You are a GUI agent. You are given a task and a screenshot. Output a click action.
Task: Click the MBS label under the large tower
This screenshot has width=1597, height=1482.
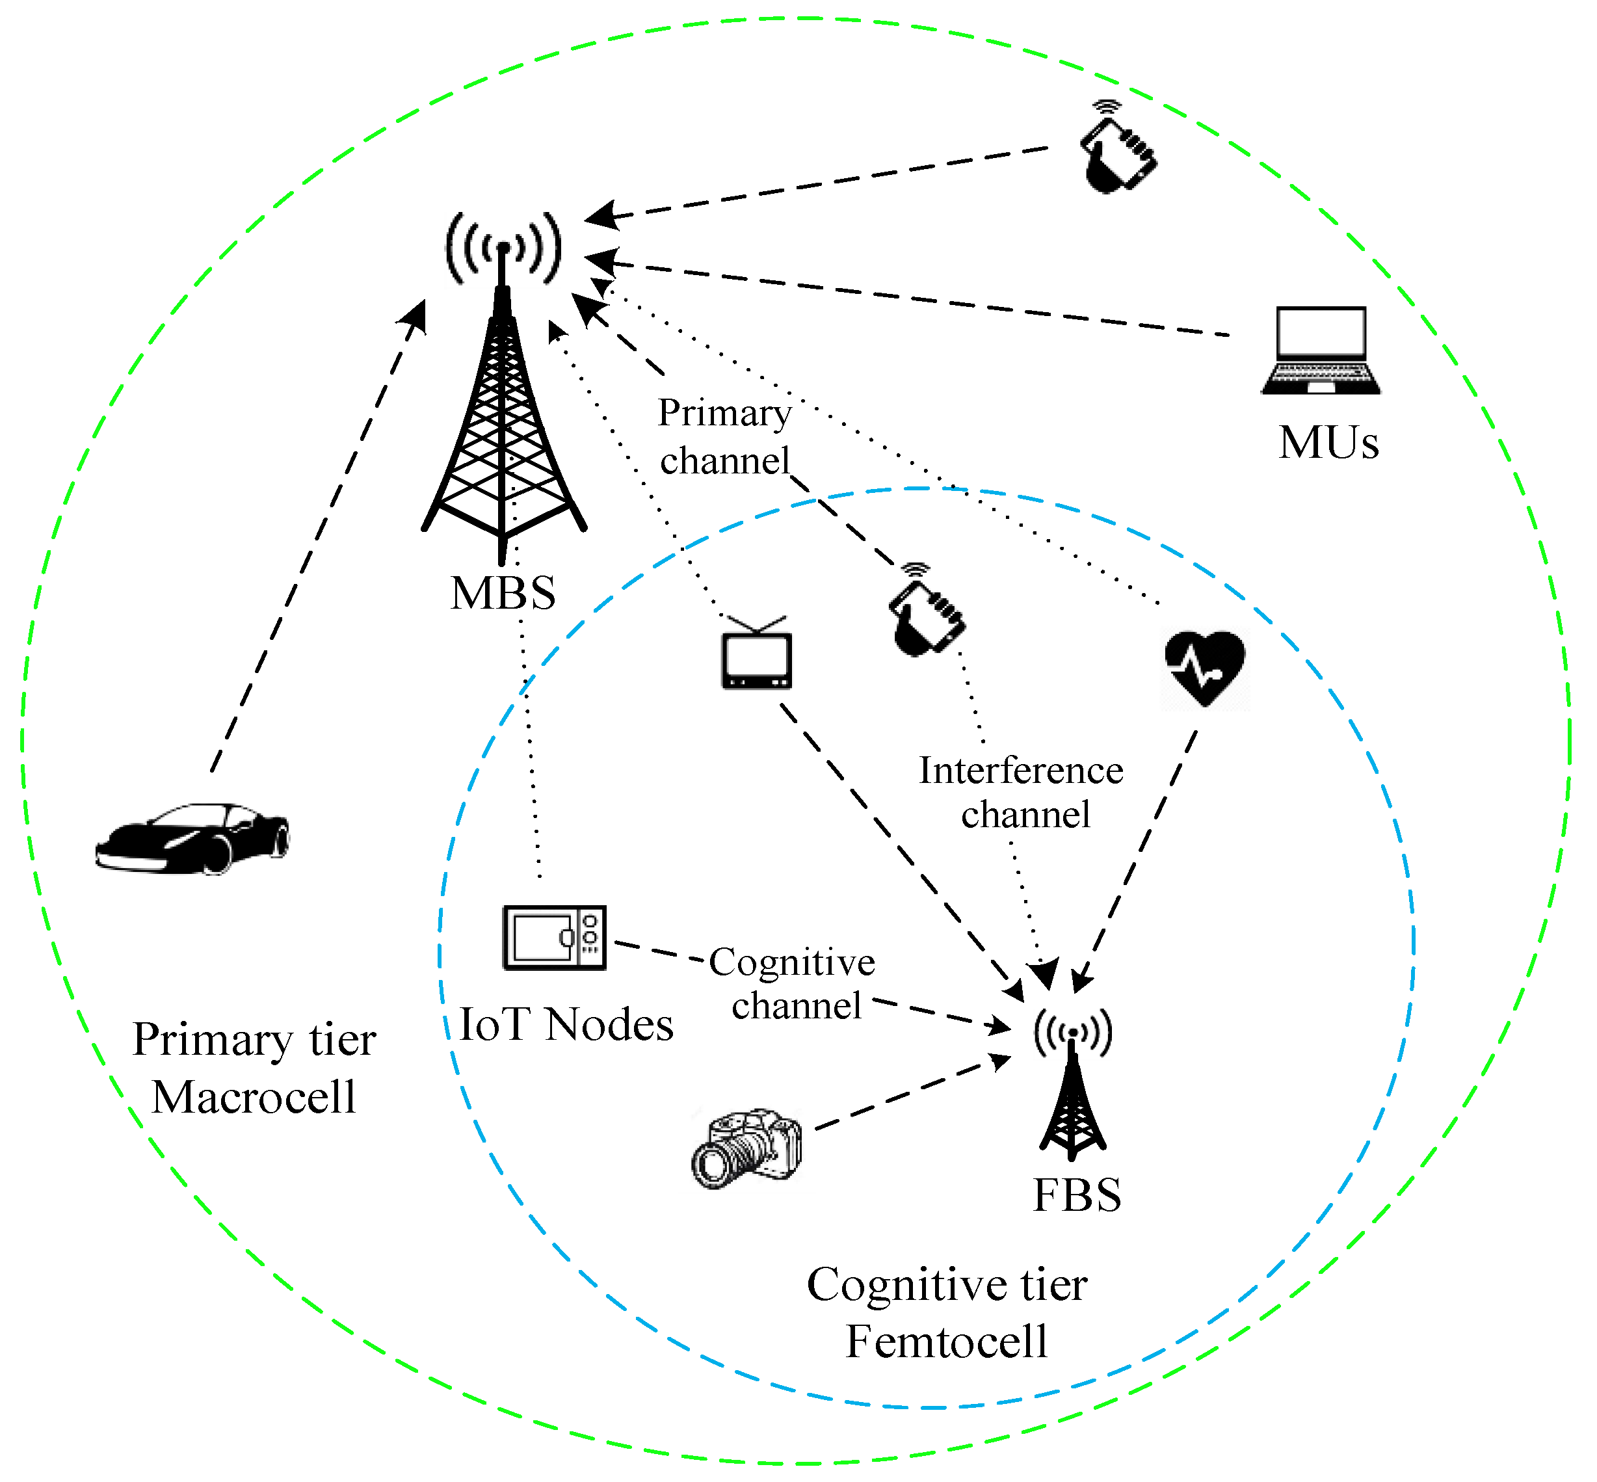[x=503, y=594]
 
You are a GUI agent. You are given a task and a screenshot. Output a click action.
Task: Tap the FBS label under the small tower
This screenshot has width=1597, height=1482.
[x=1077, y=1195]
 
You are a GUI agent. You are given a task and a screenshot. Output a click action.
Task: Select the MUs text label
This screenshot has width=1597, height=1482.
[x=1328, y=442]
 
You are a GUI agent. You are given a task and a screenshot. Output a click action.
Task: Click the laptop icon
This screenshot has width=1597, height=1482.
[x=1321, y=351]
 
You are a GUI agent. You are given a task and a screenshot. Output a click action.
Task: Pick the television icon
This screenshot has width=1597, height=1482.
[x=757, y=653]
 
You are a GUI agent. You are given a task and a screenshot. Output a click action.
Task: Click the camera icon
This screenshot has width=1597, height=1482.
[x=746, y=1149]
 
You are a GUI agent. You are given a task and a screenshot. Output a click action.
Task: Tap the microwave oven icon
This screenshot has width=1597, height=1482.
[x=554, y=938]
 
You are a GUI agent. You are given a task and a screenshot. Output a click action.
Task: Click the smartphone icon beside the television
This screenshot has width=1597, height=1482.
[x=927, y=610]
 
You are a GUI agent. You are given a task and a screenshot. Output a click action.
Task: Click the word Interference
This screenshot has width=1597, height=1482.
[x=1021, y=771]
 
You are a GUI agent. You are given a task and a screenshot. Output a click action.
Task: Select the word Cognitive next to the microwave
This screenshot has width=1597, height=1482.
[x=792, y=962]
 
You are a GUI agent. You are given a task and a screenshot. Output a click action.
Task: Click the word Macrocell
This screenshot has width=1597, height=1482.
[x=254, y=1096]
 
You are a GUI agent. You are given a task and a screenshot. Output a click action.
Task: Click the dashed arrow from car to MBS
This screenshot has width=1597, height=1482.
[x=317, y=536]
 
